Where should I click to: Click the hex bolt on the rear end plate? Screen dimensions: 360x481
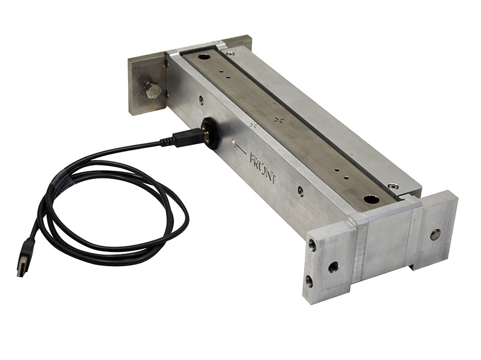coord(153,91)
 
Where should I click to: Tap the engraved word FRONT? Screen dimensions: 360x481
coord(263,166)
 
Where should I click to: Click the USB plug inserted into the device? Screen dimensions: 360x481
coord(186,137)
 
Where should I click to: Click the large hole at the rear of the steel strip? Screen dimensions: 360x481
coord(204,57)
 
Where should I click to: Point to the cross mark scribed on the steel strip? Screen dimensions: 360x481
coord(278,120)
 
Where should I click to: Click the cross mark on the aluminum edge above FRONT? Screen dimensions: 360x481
coord(253,126)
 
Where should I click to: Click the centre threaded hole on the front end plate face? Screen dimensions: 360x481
coord(333,266)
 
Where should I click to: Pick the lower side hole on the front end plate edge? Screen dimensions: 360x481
coord(309,280)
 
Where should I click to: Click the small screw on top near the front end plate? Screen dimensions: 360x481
coord(393,187)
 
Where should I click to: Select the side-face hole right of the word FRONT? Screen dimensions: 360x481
coord(300,191)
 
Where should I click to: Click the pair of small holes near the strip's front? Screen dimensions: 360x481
coord(343,175)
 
